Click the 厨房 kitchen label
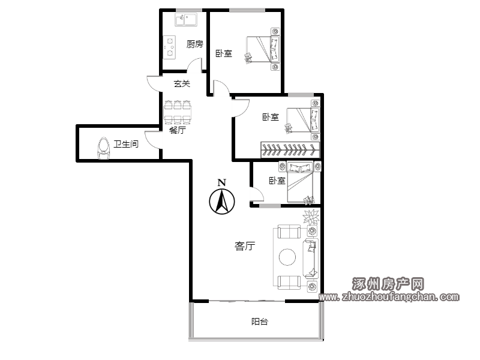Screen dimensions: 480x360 point(194,44)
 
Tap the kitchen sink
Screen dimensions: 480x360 point(186,19)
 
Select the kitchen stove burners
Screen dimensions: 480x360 point(169,47)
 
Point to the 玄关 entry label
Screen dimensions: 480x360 point(182,83)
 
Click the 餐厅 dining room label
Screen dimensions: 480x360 point(178,130)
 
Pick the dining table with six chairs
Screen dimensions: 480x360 point(178,112)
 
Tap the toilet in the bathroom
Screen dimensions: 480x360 point(103,148)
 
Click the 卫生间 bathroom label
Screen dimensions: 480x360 point(126,144)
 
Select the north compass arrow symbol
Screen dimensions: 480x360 point(222,202)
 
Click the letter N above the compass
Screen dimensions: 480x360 point(222,183)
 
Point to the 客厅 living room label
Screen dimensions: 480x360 point(245,246)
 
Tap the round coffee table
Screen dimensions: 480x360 point(287,257)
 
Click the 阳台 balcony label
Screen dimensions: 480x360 point(260,322)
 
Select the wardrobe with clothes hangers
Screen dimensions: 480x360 point(290,150)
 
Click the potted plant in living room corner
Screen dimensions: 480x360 point(311,217)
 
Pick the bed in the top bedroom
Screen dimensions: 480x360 point(263,49)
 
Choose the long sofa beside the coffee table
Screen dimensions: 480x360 point(311,259)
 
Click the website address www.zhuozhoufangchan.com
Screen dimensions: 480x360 point(389,296)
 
